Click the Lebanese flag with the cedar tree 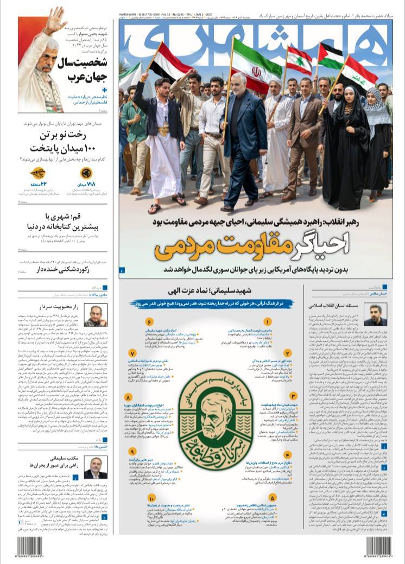[x=299, y=60]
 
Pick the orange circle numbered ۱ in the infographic [x=267, y=322]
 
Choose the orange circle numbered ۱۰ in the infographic [x=151, y=499]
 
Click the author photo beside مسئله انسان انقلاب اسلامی [x=375, y=314]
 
